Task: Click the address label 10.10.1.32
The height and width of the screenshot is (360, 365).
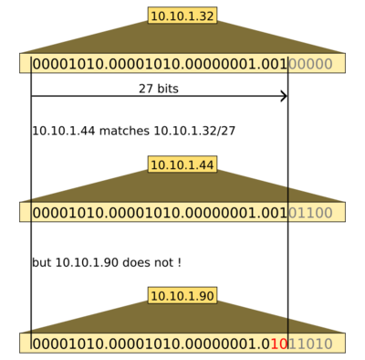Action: click(x=182, y=16)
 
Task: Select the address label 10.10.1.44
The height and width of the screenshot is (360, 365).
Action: click(x=182, y=164)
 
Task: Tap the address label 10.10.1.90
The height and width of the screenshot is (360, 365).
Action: click(x=182, y=296)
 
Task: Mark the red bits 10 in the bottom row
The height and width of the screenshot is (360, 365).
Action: click(x=281, y=344)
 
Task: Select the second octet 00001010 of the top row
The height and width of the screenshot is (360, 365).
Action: click(x=142, y=64)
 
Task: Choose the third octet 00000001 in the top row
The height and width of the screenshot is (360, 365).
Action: click(x=220, y=64)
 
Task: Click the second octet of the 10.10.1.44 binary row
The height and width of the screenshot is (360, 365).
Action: click(x=142, y=213)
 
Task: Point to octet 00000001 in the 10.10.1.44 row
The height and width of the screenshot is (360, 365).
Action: click(x=220, y=213)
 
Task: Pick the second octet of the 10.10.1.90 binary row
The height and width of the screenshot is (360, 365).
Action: click(x=142, y=344)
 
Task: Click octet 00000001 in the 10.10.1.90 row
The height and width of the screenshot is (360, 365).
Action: click(x=220, y=344)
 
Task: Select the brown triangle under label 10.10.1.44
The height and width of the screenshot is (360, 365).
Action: click(x=182, y=186)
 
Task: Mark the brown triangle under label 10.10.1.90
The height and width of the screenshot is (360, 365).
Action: click(x=182, y=319)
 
